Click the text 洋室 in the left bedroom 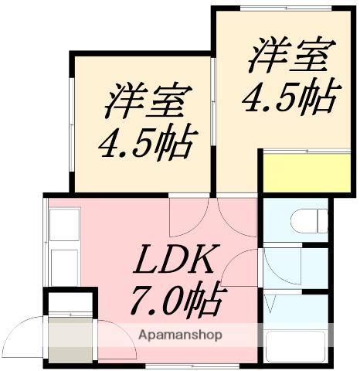(148, 103)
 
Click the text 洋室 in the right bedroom (291, 55)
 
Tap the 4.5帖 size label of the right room (291, 97)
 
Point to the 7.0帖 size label (180, 301)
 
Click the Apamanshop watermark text (180, 335)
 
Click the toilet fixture (309, 221)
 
